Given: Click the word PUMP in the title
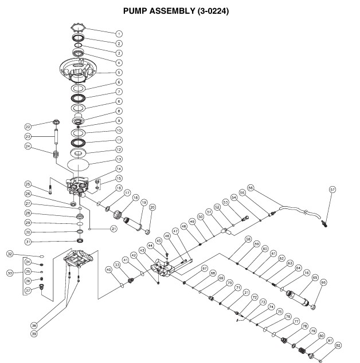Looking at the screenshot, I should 139,11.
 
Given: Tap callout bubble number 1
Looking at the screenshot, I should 119,33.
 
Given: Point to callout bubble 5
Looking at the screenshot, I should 119,73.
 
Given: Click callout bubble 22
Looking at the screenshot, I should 27,127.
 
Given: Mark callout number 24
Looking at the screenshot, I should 27,146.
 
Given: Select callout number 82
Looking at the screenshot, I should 338,345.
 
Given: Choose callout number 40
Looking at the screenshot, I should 108,269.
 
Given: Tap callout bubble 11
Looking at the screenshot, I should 119,139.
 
